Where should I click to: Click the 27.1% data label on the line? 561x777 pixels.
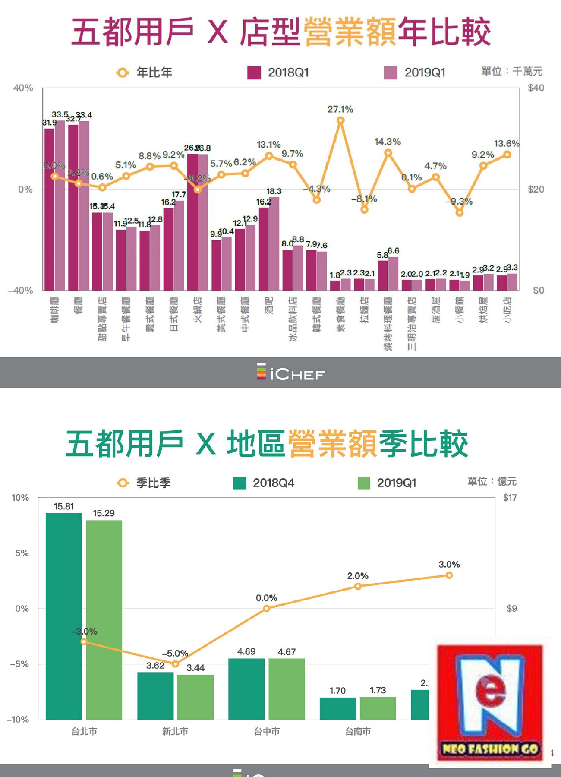point(340,109)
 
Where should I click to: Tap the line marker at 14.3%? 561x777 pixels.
point(388,153)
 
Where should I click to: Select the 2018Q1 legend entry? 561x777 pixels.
point(278,73)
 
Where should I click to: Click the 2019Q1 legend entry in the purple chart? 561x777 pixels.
point(415,73)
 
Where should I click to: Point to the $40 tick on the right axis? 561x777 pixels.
point(536,88)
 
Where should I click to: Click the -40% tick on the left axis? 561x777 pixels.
point(20,291)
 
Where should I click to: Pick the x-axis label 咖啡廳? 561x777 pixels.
point(55,310)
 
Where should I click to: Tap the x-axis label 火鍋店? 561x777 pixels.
point(198,310)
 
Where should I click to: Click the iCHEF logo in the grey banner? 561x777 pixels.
point(290,373)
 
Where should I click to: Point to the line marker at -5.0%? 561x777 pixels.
point(175,664)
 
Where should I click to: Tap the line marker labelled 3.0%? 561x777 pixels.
point(449,575)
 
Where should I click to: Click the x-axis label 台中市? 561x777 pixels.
point(267,731)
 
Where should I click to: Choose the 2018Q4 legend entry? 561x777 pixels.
point(264,483)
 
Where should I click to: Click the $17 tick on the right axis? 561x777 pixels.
point(510,498)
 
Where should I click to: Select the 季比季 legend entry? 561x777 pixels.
point(144,483)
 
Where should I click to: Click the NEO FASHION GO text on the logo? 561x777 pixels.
point(490,749)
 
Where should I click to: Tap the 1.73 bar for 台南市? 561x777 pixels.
point(378,708)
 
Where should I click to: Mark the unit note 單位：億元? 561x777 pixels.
point(492,481)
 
